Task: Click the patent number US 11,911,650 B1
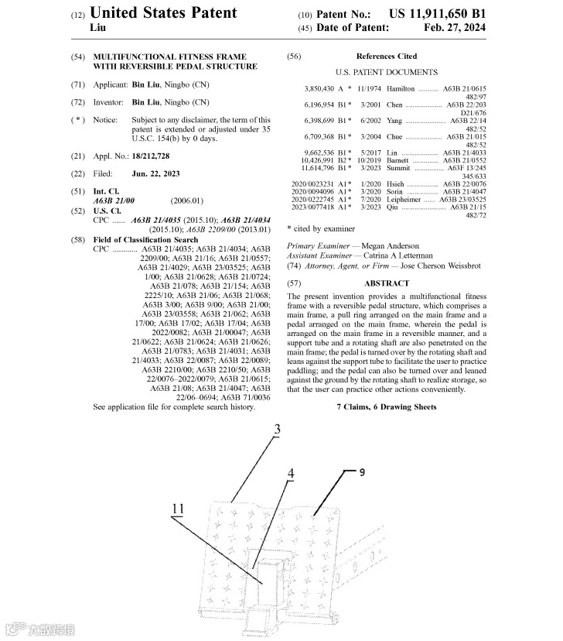pyautogui.click(x=438, y=15)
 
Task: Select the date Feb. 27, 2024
pyautogui.click(x=456, y=28)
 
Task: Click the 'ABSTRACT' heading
pyautogui.click(x=387, y=283)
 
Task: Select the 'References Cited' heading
pyautogui.click(x=386, y=57)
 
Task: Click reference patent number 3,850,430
pyautogui.click(x=319, y=89)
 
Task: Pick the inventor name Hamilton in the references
pyautogui.click(x=401, y=89)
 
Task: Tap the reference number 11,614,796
pyautogui.click(x=317, y=167)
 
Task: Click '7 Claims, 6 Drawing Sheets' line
pyautogui.click(x=386, y=406)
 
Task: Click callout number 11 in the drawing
pyautogui.click(x=179, y=508)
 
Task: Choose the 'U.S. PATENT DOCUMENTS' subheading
pyautogui.click(x=386, y=72)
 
